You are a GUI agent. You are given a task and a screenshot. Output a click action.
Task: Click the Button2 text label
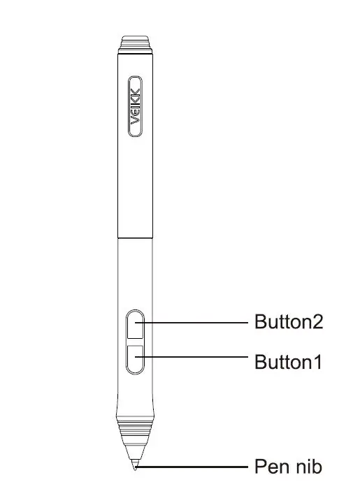[288, 323]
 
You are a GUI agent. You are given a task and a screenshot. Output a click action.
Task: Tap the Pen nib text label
[288, 466]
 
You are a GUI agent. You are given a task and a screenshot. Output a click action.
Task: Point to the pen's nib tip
[136, 467]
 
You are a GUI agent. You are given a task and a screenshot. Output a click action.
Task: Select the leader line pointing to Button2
[196, 323]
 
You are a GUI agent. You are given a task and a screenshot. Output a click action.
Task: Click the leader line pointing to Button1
[196, 358]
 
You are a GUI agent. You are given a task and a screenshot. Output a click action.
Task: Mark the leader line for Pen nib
[196, 466]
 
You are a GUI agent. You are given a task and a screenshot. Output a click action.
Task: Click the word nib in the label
[309, 466]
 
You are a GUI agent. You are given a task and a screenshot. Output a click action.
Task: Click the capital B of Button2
[259, 323]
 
